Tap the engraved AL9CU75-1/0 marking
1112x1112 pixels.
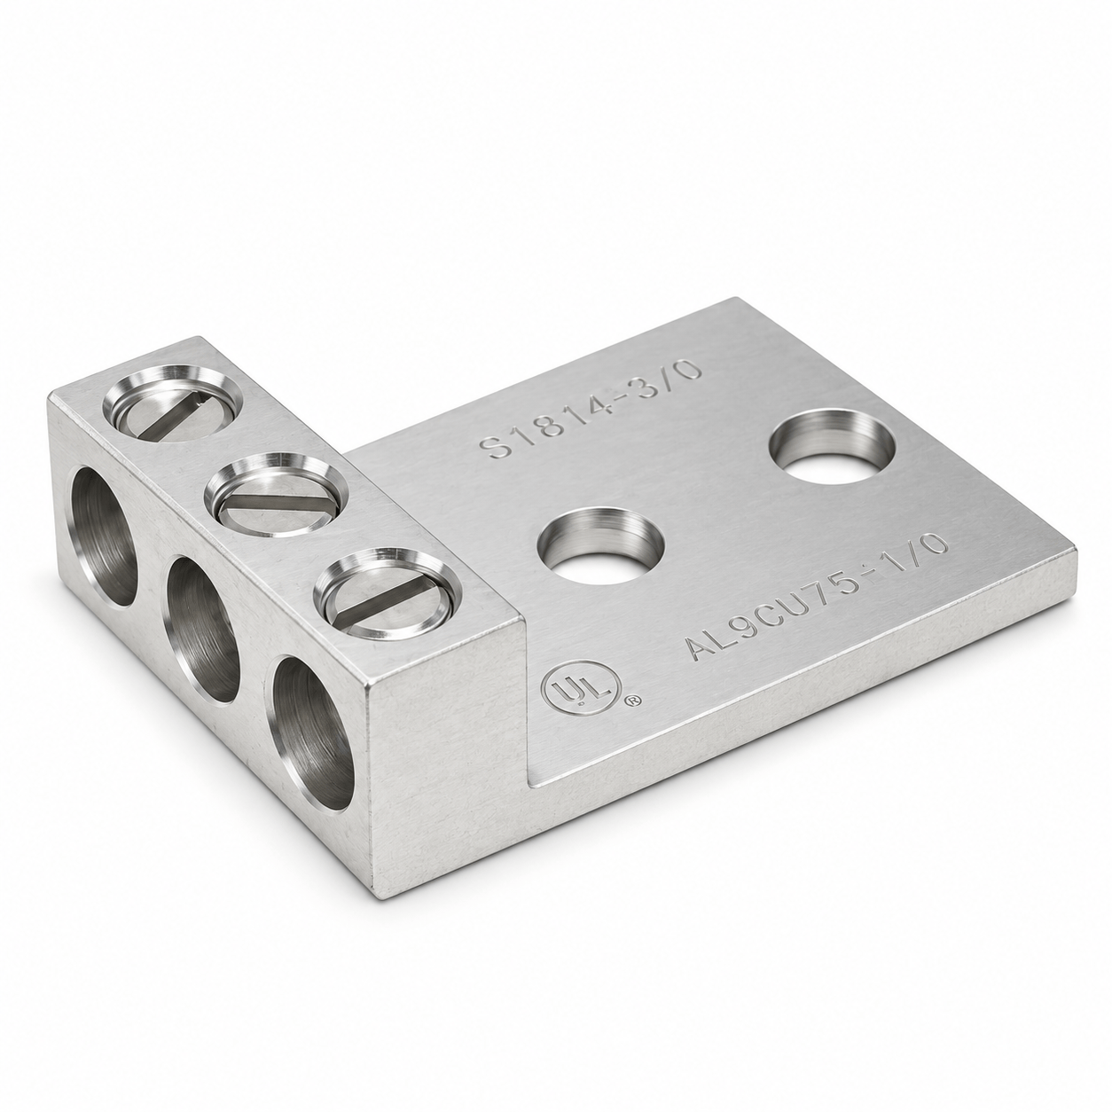817,598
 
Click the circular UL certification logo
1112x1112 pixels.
582,690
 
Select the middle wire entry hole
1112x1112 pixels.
202,630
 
